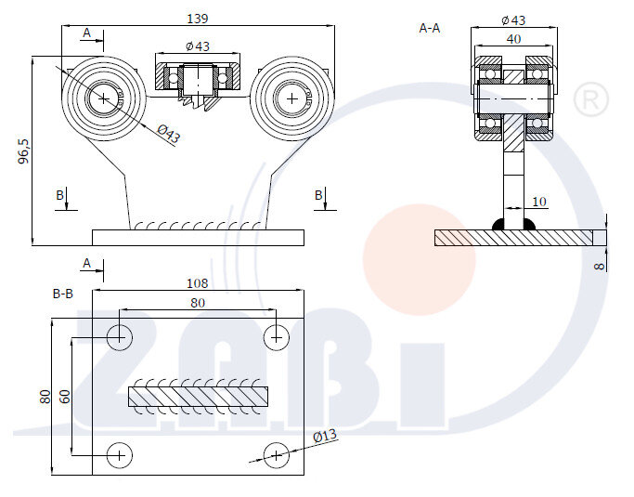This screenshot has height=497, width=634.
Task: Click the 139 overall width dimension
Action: pyautogui.click(x=197, y=18)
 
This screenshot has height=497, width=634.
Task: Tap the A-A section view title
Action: pyautogui.click(x=430, y=29)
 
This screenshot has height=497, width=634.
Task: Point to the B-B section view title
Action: pyautogui.click(x=63, y=294)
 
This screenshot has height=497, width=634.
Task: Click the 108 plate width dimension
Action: pyautogui.click(x=197, y=283)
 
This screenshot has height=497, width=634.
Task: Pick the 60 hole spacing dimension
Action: pyautogui.click(x=63, y=397)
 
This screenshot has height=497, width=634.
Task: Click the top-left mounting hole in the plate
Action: pyautogui.click(x=120, y=336)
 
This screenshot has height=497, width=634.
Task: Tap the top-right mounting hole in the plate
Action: pyautogui.click(x=276, y=336)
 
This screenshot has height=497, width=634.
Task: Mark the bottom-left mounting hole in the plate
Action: pyautogui.click(x=120, y=455)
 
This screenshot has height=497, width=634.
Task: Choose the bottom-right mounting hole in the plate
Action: pyautogui.click(x=276, y=455)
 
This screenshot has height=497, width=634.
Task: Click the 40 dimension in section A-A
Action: pyautogui.click(x=512, y=39)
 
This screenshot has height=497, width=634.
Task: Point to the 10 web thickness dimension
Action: pyautogui.click(x=539, y=201)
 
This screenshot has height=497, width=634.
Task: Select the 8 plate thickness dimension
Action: pyautogui.click(x=600, y=265)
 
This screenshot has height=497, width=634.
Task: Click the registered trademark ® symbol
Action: pyautogui.click(x=590, y=99)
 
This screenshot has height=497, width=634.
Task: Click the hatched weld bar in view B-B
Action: pyautogui.click(x=197, y=397)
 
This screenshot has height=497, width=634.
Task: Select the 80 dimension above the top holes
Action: pyautogui.click(x=197, y=303)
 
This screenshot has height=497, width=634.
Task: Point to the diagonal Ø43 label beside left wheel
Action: pyautogui.click(x=168, y=134)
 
